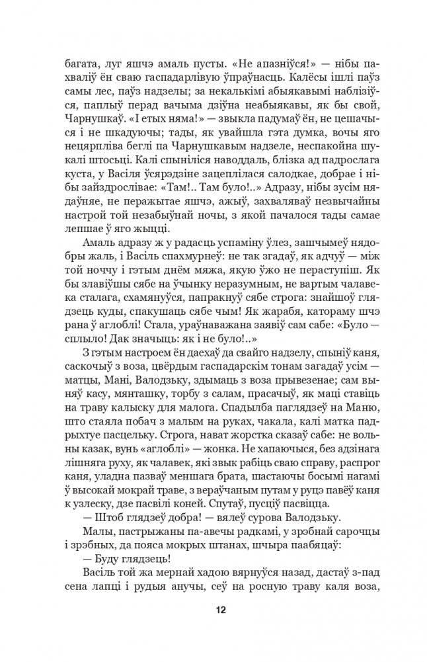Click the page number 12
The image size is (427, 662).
click(x=213, y=608)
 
